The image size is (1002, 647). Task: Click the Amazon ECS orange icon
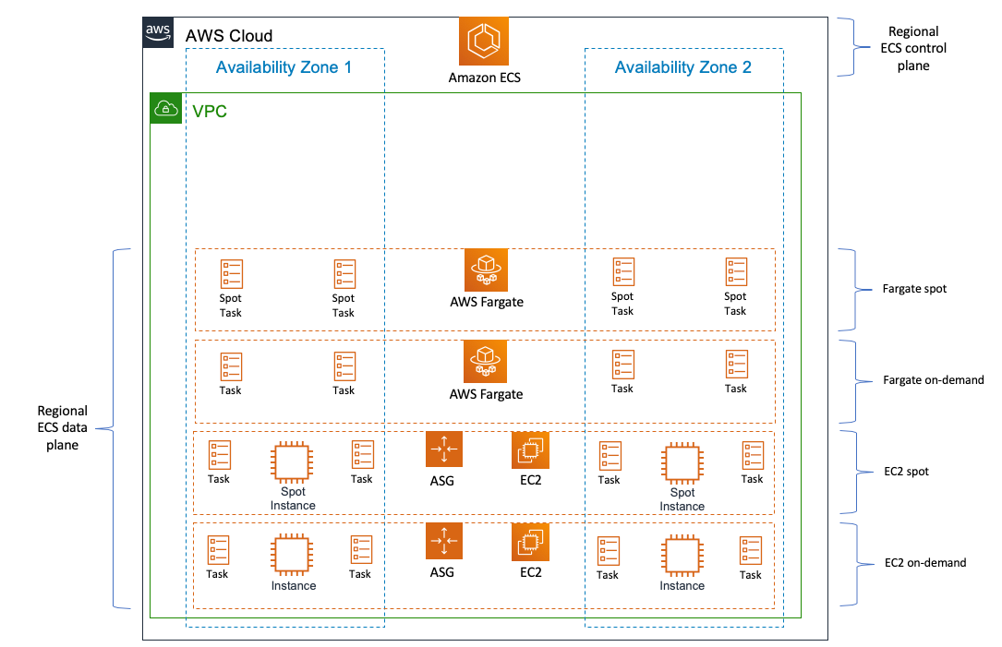pyautogui.click(x=484, y=41)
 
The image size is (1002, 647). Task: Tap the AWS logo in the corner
pyautogui.click(x=158, y=32)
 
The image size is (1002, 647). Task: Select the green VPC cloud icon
pyautogui.click(x=166, y=108)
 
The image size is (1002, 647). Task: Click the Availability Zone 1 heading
pyautogui.click(x=284, y=67)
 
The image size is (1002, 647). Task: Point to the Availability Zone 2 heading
pyautogui.click(x=682, y=67)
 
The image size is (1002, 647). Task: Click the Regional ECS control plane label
pyautogui.click(x=913, y=49)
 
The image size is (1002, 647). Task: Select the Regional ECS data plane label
pyautogui.click(x=62, y=428)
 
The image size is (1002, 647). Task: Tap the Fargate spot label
pyautogui.click(x=914, y=289)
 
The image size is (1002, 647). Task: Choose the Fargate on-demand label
pyautogui.click(x=933, y=380)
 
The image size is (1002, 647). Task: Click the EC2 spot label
pyautogui.click(x=906, y=472)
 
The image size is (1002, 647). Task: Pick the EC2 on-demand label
pyautogui.click(x=924, y=563)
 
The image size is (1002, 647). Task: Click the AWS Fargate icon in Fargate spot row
pyautogui.click(x=487, y=270)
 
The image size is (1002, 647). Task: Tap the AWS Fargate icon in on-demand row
pyautogui.click(x=486, y=362)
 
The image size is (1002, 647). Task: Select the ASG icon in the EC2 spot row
pyautogui.click(x=444, y=449)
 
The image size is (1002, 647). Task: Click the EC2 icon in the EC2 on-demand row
pyautogui.click(x=530, y=542)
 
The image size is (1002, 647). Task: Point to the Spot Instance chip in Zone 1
pyautogui.click(x=292, y=462)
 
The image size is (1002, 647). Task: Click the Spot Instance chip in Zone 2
pyautogui.click(x=682, y=463)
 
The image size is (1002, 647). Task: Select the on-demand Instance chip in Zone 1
pyautogui.click(x=292, y=555)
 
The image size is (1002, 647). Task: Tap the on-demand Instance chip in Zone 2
pyautogui.click(x=682, y=555)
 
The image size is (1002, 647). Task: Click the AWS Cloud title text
pyautogui.click(x=229, y=36)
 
